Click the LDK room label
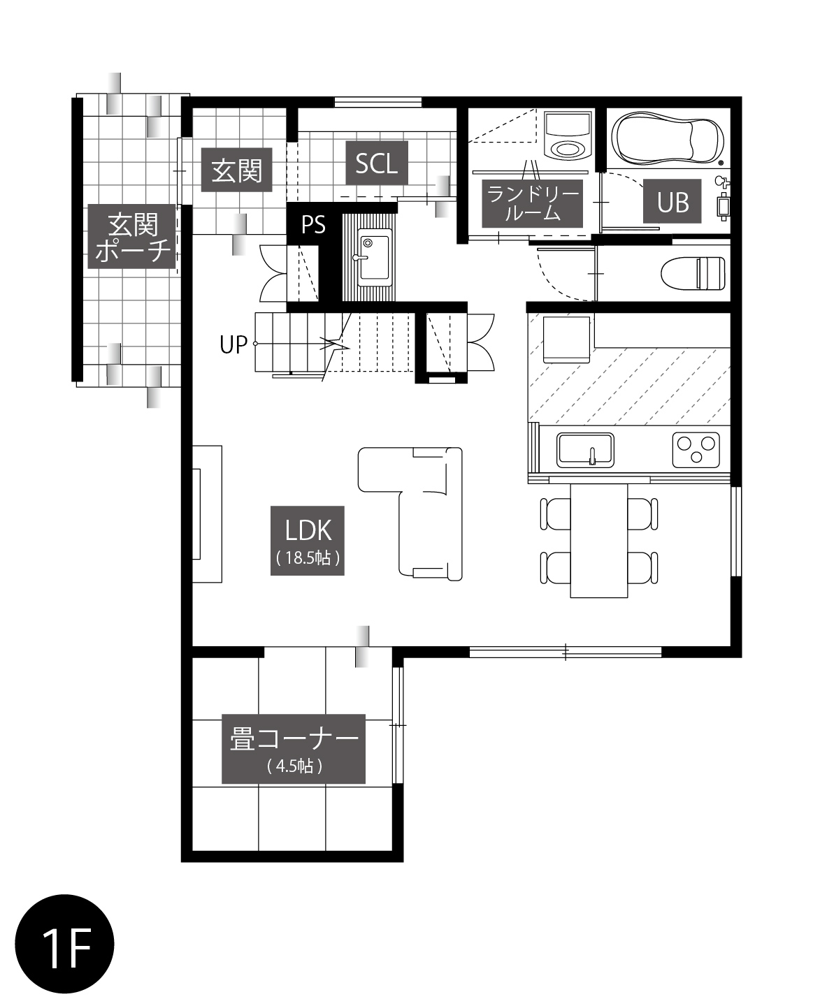point(307,540)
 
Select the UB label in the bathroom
point(672,201)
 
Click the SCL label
point(377,163)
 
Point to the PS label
point(313,225)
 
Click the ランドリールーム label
point(533,203)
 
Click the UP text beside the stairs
point(233,345)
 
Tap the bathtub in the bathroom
point(668,138)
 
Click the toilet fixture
point(693,273)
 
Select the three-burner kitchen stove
point(696,450)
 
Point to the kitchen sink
point(586,450)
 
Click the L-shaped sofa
point(425,514)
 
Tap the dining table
point(599,541)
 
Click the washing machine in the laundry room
point(568,136)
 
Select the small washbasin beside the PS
point(373,257)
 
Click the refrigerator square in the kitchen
point(566,340)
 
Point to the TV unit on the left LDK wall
point(207,514)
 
